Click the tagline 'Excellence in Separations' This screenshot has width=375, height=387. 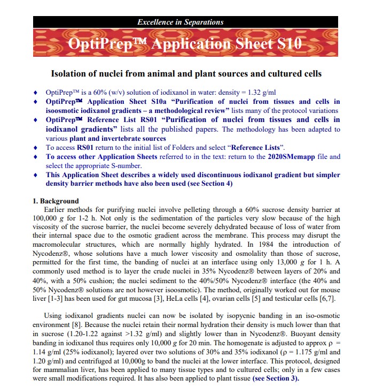[x=181, y=22]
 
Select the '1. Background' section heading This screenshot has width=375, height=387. [x=56, y=201]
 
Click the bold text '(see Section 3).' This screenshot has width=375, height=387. [x=276, y=378]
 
